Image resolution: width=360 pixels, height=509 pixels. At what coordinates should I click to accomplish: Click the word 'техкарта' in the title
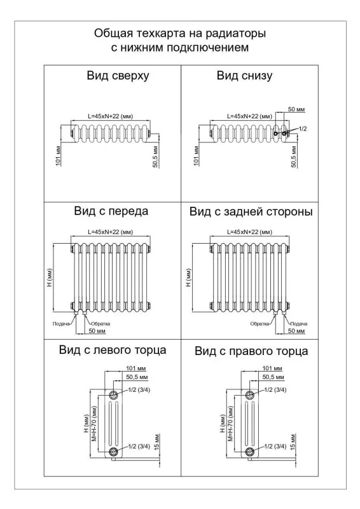pos(161,34)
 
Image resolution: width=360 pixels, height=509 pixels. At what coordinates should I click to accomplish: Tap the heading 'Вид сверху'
pos(118,76)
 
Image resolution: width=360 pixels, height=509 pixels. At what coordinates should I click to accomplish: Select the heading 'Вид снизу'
pos(244,76)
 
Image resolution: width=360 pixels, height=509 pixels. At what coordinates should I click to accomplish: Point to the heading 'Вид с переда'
pos(111,211)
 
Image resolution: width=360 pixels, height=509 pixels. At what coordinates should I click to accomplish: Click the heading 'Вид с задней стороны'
pos(251,212)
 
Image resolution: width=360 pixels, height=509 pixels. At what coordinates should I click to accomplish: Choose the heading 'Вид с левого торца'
pos(113,350)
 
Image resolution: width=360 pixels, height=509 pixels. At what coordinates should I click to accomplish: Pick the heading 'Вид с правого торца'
pos(251,351)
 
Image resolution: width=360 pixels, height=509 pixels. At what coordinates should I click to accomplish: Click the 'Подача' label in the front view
pos(61,324)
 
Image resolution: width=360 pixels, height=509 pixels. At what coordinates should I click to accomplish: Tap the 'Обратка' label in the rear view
pos(260,324)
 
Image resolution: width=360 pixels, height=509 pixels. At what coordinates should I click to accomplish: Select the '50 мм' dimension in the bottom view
pos(296,109)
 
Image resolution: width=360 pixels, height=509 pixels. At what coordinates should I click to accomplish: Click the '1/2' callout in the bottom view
pos(303,129)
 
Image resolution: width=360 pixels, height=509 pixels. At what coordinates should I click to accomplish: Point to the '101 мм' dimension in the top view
pos(59,156)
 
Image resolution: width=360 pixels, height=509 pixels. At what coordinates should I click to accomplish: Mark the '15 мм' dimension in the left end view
pos(157,442)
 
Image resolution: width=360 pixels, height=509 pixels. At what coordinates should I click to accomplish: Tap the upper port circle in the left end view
pos(113,395)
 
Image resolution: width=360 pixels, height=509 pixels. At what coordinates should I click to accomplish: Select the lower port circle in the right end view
pos(249,452)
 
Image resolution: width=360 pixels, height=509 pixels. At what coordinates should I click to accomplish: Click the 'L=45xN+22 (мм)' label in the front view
pos(111,232)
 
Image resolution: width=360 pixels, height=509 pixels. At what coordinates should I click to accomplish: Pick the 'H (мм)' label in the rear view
pos(189,277)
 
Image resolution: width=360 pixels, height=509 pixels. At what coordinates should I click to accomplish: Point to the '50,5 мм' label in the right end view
pos(273,377)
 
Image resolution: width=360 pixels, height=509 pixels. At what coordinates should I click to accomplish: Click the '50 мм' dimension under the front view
pos(97,331)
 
